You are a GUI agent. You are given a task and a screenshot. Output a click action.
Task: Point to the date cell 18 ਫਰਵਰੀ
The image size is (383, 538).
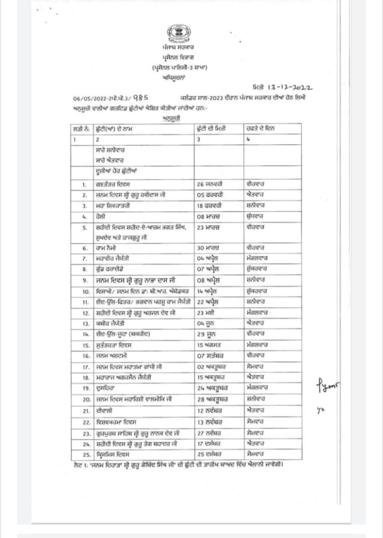click(x=209, y=205)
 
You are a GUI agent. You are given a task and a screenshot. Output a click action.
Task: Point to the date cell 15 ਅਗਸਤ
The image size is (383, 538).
click(x=209, y=345)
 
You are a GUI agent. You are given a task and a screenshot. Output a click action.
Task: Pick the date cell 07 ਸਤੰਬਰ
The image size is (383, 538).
click(x=209, y=355)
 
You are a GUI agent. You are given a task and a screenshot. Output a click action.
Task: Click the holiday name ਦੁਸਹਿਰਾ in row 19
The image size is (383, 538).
click(x=106, y=388)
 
